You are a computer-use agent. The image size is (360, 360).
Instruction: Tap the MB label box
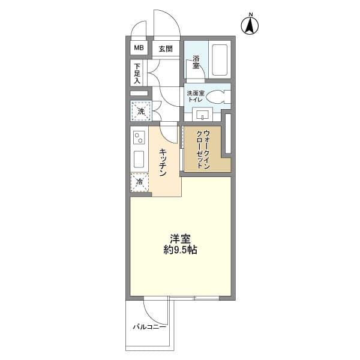click(139, 48)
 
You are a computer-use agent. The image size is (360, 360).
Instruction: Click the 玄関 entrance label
click(166, 49)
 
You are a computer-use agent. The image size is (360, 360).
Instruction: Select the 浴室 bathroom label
click(196, 62)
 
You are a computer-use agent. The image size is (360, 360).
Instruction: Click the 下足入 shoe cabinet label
click(137, 73)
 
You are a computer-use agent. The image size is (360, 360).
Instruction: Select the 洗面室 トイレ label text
click(196, 97)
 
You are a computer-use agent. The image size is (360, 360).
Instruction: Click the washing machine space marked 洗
click(141, 111)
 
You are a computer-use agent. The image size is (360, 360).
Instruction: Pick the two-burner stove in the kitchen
click(139, 139)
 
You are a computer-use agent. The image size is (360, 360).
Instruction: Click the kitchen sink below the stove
click(139, 160)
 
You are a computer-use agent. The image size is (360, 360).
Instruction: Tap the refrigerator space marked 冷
click(140, 182)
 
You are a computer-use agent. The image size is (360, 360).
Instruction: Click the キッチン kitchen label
click(163, 163)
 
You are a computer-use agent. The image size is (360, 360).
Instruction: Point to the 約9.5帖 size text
click(180, 250)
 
